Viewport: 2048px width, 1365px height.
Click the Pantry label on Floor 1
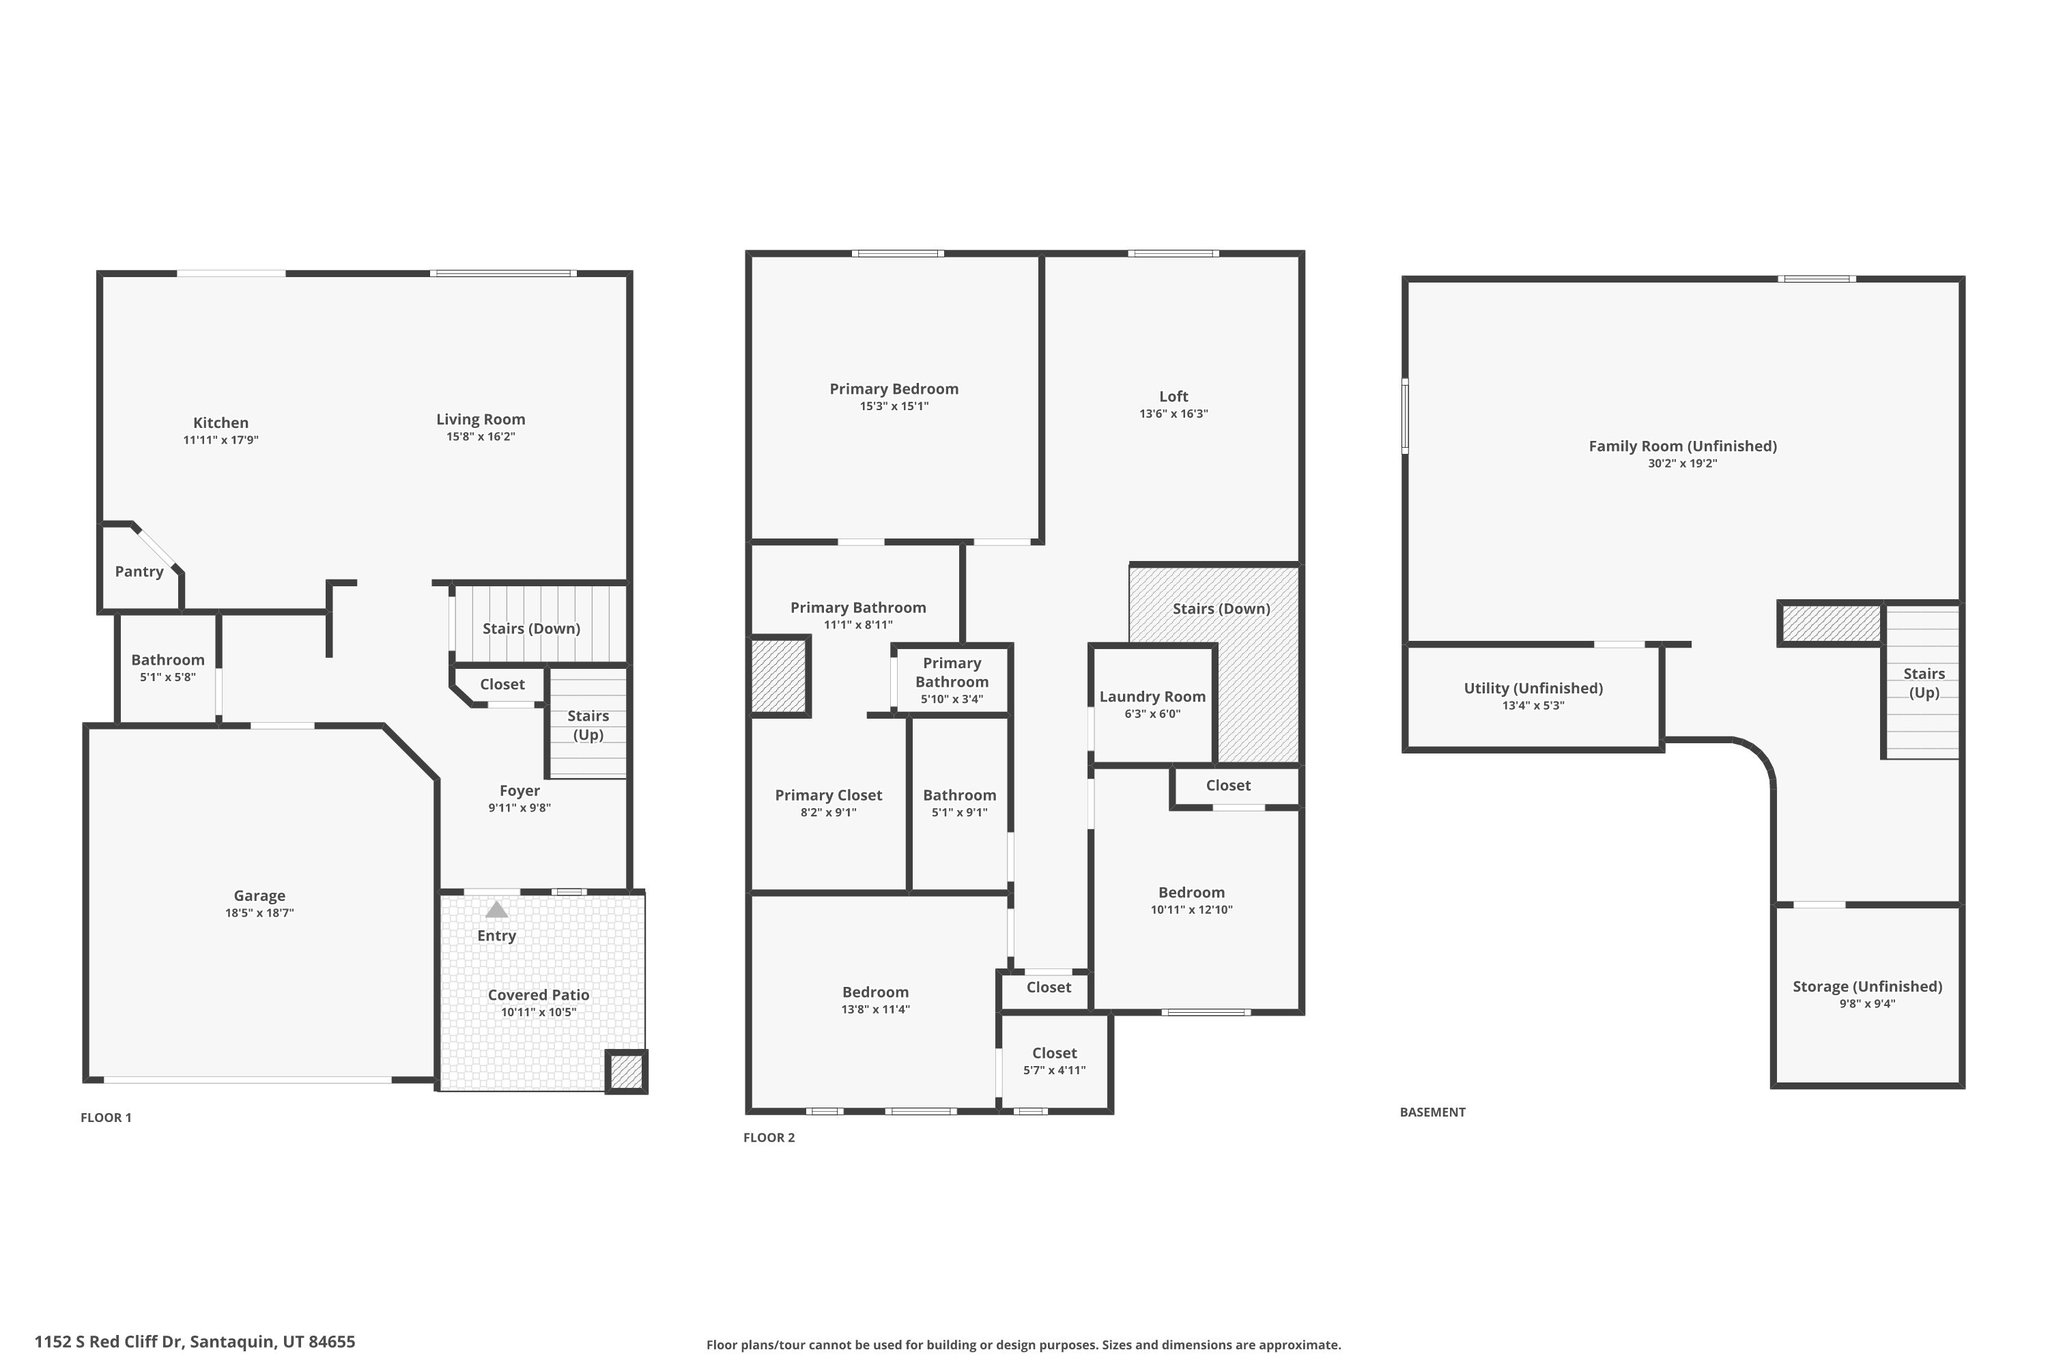pyautogui.click(x=139, y=572)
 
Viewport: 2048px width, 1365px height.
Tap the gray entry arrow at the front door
pyautogui.click(x=496, y=910)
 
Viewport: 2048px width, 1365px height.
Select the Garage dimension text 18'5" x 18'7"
pyautogui.click(x=260, y=913)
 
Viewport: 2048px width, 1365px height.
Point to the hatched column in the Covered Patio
pyautogui.click(x=627, y=1072)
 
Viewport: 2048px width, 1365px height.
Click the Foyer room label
pyautogui.click(x=520, y=791)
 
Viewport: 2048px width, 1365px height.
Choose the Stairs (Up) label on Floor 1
pyautogui.click(x=588, y=725)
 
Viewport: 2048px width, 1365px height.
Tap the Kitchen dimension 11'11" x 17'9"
pyautogui.click(x=221, y=440)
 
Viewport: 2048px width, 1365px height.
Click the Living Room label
pyautogui.click(x=481, y=420)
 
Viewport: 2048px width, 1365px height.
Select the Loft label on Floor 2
pyautogui.click(x=1174, y=397)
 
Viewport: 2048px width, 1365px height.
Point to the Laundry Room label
pyautogui.click(x=1153, y=697)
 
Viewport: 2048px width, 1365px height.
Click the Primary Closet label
pyautogui.click(x=829, y=796)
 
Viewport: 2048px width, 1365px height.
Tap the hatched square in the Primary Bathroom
pyautogui.click(x=779, y=676)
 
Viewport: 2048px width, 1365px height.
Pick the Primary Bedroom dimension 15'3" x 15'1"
pyautogui.click(x=894, y=407)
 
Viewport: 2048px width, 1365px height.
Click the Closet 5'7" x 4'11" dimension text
pyautogui.click(x=1055, y=1071)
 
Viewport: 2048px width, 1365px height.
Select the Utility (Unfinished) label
pyautogui.click(x=1534, y=689)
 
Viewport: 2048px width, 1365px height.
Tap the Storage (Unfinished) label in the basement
pyautogui.click(x=1868, y=987)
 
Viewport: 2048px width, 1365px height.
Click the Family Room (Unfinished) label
pyautogui.click(x=1683, y=447)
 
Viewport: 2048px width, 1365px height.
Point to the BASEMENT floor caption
pyautogui.click(x=1433, y=1112)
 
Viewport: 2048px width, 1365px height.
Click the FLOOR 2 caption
pyautogui.click(x=769, y=1138)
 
